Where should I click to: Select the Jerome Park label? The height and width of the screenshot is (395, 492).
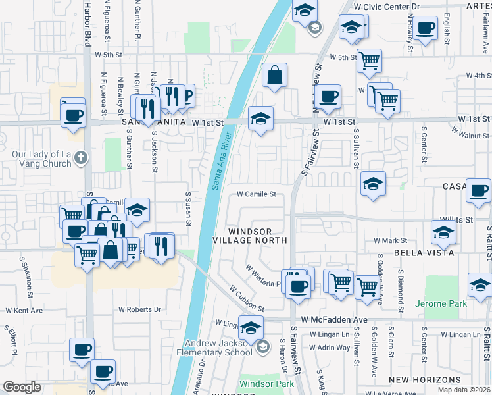click(441, 304)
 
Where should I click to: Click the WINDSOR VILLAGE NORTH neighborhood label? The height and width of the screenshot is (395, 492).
click(258, 236)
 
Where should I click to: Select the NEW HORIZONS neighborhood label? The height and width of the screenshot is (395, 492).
click(425, 381)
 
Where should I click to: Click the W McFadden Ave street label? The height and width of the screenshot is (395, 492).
click(334, 319)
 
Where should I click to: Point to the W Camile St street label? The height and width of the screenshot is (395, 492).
click(257, 194)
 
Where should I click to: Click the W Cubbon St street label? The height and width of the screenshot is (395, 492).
click(247, 299)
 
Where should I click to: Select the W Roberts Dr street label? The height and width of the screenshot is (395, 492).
click(139, 309)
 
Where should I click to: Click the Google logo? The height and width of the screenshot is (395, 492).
click(22, 387)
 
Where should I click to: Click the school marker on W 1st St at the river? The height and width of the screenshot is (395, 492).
click(261, 120)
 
